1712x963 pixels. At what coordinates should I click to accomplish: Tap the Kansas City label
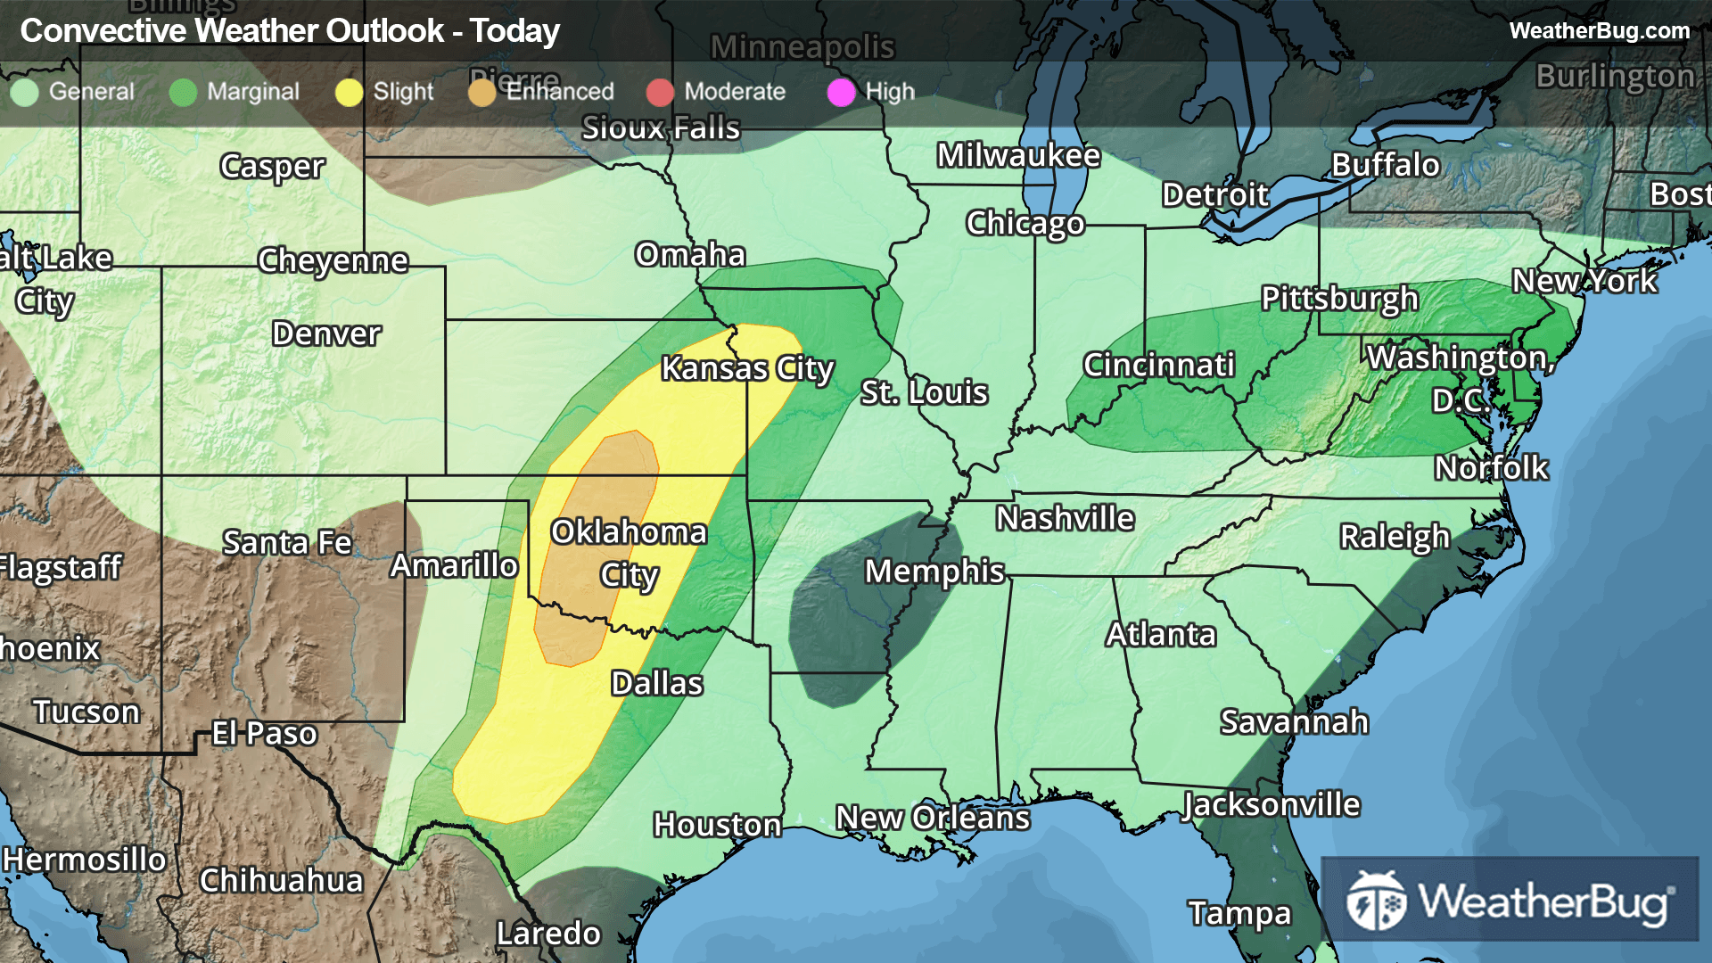747,368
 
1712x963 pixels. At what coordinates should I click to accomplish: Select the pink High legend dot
841,92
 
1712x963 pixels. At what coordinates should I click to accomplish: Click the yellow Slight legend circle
349,92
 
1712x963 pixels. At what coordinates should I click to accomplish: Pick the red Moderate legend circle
660,92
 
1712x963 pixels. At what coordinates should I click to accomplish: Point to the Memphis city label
934,572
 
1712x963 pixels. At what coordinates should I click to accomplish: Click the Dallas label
657,684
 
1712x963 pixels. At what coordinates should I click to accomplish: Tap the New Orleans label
933,818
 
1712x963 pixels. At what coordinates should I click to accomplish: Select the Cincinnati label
1158,365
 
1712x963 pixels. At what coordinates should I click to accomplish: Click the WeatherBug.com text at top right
1599,30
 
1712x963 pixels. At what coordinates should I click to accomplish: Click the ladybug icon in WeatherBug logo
1377,901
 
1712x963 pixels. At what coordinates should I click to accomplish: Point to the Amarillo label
454,565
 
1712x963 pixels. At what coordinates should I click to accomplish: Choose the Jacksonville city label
1271,805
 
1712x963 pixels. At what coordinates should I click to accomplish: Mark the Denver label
326,333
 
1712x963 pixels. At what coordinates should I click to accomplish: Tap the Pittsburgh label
1339,299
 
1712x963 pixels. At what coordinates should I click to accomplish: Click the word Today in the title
514,31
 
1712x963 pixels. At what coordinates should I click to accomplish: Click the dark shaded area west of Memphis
838,624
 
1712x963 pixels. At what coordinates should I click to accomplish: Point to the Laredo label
548,934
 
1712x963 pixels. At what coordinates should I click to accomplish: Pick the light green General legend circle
25,92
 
